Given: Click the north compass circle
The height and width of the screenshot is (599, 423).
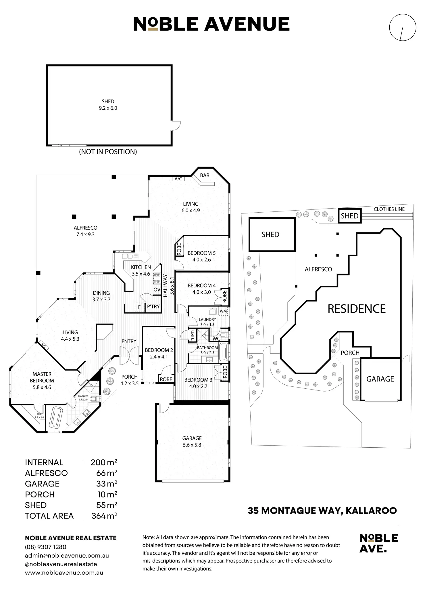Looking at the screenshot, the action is pos(402,28).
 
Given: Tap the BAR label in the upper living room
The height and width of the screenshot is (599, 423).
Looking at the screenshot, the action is pos(205,175).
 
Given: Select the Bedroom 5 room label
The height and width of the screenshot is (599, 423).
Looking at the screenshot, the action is pos(201,253).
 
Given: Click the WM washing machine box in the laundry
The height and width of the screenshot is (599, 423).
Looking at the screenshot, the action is pos(223,311).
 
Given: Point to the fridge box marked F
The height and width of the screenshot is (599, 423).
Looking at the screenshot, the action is pos(139,307).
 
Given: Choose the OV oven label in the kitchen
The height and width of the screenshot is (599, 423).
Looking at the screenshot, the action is pos(157,289).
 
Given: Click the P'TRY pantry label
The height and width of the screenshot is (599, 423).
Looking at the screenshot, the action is pos(153,307).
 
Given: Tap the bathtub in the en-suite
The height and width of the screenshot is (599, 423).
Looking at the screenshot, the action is pos(56,417).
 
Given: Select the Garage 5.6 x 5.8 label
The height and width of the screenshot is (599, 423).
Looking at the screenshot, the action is pos(192,441).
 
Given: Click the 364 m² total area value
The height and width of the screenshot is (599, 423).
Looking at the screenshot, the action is pos(104,516).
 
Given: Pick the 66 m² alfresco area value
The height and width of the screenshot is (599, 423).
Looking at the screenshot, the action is pos(107,473).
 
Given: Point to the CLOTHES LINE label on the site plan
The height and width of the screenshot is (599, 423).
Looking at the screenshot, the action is pos(389,209).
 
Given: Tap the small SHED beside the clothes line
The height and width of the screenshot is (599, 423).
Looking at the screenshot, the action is pos(349,216).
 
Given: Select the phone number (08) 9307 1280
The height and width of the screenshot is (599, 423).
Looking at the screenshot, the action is pos(46,547).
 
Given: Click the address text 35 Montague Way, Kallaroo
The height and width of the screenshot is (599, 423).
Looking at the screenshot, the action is pos(322,510).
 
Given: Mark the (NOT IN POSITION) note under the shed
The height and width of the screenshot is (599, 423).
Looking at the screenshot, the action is pos(108,152).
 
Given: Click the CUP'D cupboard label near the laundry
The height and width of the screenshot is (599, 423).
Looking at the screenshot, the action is pos(193,335).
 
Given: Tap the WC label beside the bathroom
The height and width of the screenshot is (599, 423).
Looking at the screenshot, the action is pos(216,339).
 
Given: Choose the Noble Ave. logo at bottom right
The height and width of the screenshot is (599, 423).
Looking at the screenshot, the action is pos(379,543).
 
